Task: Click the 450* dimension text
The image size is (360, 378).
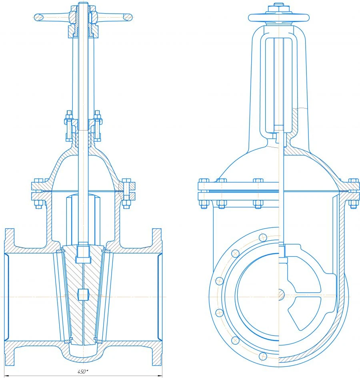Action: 83,372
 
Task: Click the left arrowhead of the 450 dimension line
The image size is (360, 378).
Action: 6,376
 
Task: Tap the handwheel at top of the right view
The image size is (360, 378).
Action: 279,17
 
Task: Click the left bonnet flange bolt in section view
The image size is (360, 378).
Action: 39,193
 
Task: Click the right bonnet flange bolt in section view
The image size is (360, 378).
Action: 126,193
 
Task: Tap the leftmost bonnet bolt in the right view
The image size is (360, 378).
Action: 203,193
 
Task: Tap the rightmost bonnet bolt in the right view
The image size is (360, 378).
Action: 352,193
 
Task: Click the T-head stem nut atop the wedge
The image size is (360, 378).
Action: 83,253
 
